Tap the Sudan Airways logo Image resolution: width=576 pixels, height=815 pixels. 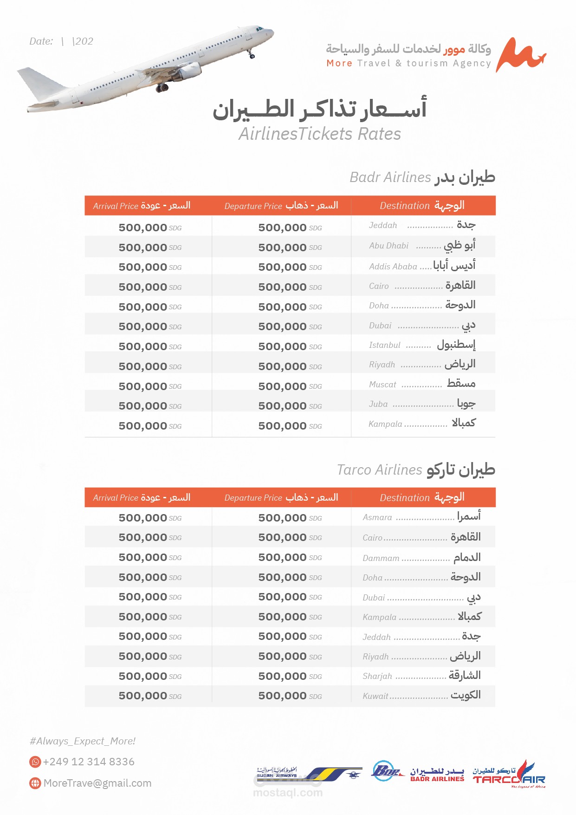309,774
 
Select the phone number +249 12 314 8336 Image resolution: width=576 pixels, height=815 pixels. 89,762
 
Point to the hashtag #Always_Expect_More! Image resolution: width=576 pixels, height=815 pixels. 82,741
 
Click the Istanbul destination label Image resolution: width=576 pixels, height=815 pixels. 422,345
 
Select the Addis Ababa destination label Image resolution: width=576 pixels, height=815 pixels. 422,266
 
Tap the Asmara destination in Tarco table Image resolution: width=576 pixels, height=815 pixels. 421,517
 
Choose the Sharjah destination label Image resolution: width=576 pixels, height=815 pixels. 421,676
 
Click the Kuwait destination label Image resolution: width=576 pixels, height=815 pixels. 421,696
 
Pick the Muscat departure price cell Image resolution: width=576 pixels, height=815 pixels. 290,386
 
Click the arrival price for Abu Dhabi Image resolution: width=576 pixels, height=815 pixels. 149,248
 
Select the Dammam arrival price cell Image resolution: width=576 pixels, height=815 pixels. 149,557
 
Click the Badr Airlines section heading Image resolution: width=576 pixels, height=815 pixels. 422,177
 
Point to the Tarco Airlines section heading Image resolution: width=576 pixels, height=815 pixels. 416,470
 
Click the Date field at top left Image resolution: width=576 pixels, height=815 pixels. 61,41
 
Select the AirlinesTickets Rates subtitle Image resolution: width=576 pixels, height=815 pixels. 320,134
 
